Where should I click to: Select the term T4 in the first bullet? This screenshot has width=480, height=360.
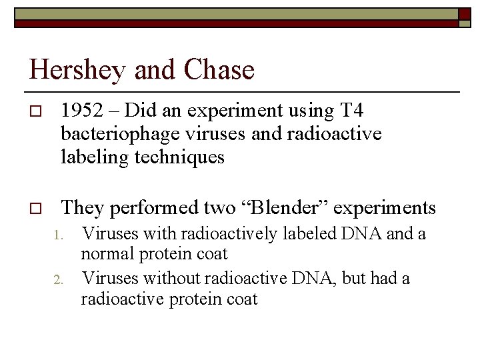(x=351, y=109)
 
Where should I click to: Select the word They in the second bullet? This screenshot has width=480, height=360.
(x=83, y=208)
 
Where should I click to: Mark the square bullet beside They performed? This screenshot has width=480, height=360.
(x=36, y=209)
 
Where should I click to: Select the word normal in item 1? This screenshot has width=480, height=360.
(x=105, y=254)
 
